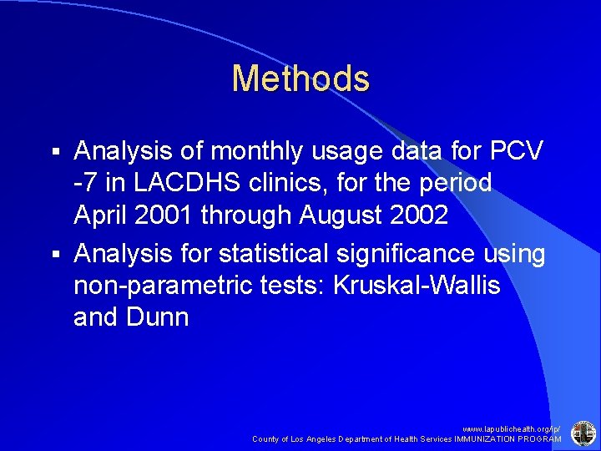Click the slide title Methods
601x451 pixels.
tap(300, 79)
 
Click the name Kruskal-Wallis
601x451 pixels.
tap(417, 286)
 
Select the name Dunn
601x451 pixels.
tap(160, 317)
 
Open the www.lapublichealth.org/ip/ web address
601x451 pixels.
tap(512, 427)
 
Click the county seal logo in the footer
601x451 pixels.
tap(582, 433)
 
